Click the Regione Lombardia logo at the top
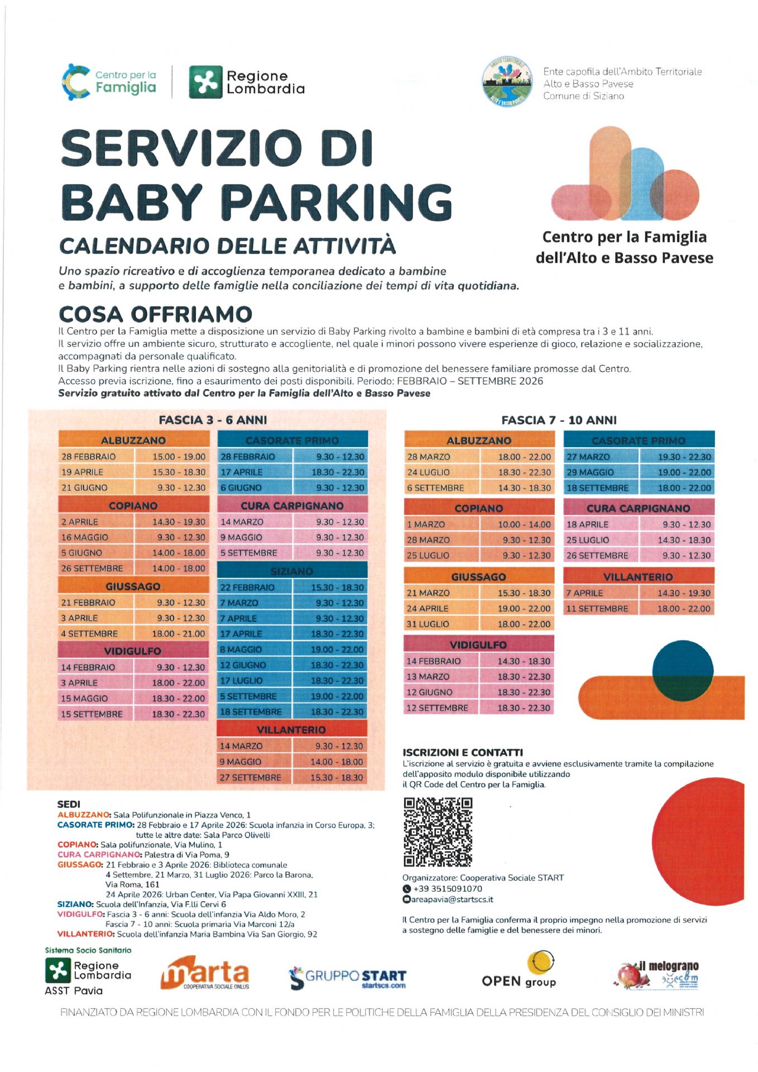click(247, 82)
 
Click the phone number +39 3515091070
click(448, 889)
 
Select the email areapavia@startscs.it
click(452, 899)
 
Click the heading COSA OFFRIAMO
click(155, 314)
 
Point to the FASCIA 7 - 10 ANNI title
click(559, 420)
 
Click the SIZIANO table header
click(292, 571)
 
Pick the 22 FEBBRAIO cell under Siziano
click(247, 587)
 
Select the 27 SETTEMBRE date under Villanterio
click(250, 777)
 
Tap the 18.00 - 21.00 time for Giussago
click(179, 634)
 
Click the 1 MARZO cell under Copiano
click(426, 524)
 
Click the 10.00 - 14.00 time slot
click(524, 524)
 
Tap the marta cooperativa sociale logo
click(205, 973)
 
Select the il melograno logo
click(659, 974)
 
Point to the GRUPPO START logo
click(347, 977)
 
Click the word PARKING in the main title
click(337, 202)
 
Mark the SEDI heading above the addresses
click(69, 804)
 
